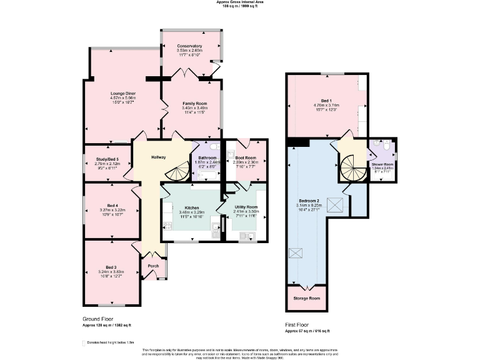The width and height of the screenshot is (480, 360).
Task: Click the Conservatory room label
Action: (x=189, y=46)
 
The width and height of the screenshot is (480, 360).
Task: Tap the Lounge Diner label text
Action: (x=122, y=94)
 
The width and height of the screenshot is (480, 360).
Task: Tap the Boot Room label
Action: (x=246, y=157)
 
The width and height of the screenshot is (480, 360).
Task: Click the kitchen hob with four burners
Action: (x=167, y=226)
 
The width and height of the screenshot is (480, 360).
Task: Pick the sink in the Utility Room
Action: (x=249, y=235)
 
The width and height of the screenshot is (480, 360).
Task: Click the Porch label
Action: (x=153, y=266)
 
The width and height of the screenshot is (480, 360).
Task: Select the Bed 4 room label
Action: (x=112, y=206)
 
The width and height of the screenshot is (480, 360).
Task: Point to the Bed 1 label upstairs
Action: (x=326, y=101)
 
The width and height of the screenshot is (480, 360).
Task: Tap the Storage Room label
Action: (x=306, y=298)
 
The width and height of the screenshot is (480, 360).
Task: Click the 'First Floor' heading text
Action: (x=298, y=325)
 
